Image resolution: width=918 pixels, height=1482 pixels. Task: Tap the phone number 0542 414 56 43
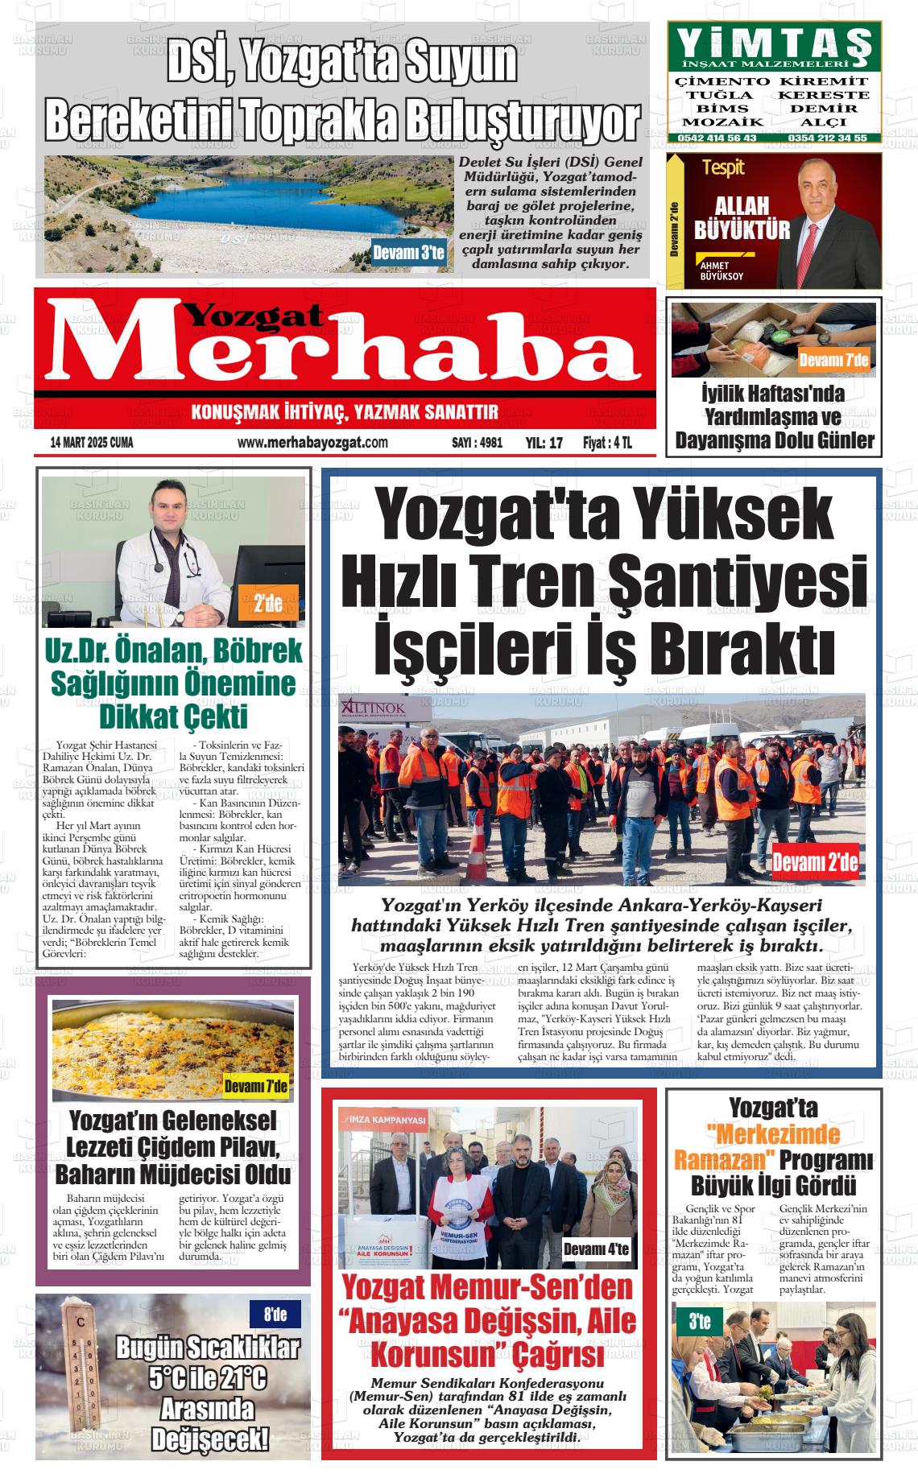(x=717, y=138)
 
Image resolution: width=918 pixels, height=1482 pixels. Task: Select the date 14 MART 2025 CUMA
(x=92, y=443)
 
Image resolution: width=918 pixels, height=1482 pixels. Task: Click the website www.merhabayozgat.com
(x=312, y=443)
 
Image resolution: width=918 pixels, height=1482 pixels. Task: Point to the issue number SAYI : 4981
(x=477, y=443)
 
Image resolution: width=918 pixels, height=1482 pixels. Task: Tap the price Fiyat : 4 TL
(x=607, y=443)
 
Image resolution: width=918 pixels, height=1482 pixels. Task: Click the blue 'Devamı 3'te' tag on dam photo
(x=408, y=253)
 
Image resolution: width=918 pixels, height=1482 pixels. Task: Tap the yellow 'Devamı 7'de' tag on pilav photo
(x=255, y=1087)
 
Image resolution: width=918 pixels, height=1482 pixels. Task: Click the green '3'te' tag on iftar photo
(x=699, y=1321)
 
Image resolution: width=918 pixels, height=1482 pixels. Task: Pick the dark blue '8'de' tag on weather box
(x=275, y=1315)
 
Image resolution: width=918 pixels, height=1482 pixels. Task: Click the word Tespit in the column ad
(x=722, y=168)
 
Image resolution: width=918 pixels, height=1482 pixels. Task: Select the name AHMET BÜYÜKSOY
(x=717, y=270)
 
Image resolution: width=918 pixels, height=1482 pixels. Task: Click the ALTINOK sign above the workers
(x=373, y=707)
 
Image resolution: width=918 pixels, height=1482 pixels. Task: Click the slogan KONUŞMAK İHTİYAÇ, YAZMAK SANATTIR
(x=345, y=413)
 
